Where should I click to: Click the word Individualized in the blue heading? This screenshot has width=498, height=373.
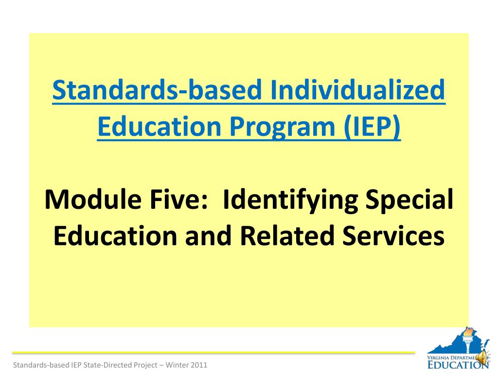(357, 90)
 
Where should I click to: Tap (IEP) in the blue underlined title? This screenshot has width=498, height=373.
(372, 127)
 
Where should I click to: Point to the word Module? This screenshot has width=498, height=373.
(93, 200)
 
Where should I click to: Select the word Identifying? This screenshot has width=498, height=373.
(290, 201)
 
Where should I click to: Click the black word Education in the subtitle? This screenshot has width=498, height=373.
(115, 236)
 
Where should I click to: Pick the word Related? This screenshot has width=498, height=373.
(287, 236)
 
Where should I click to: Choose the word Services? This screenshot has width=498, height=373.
(393, 236)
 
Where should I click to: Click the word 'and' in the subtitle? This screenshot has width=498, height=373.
(208, 236)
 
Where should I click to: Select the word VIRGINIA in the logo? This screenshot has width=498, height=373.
(438, 358)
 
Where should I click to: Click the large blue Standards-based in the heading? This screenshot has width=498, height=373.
(157, 90)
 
